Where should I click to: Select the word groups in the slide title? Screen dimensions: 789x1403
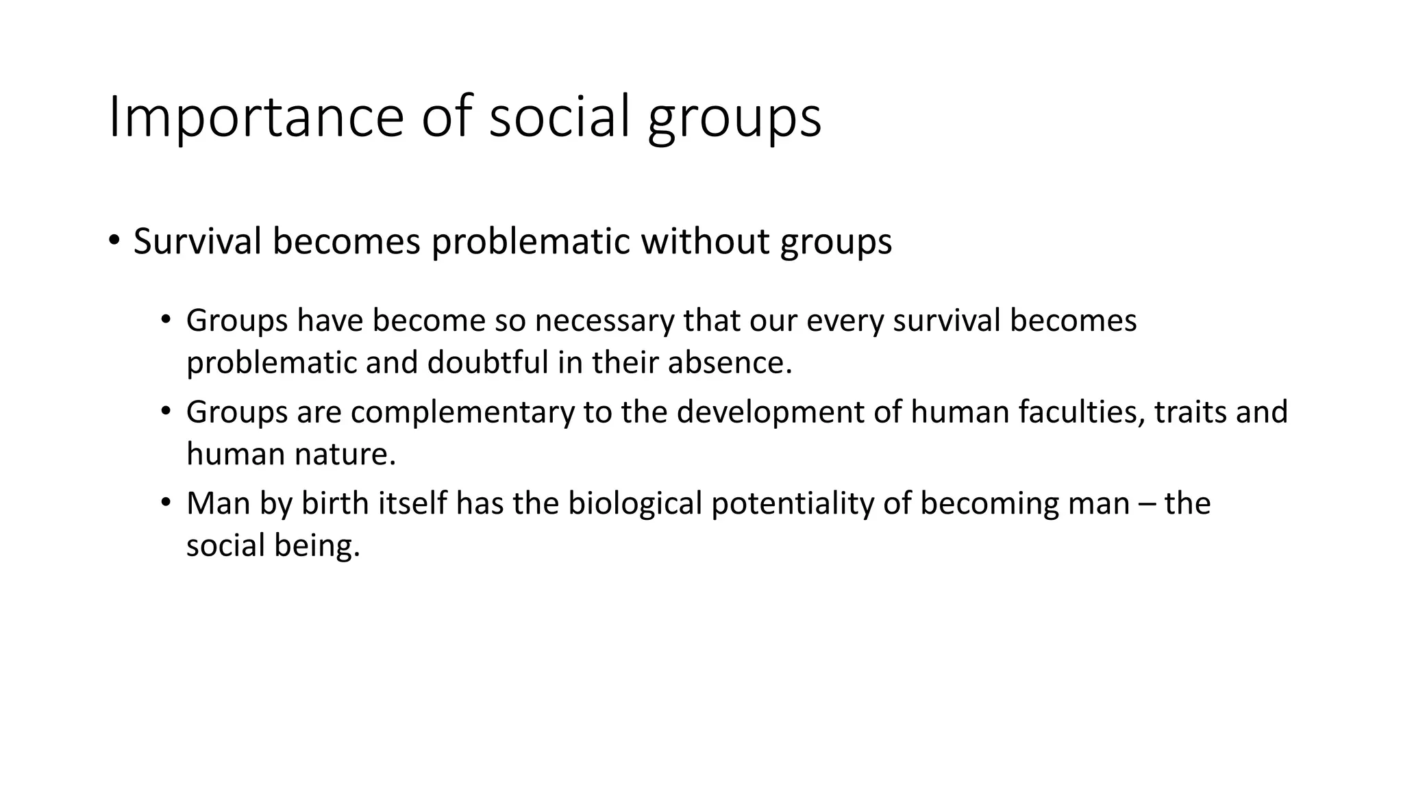(x=734, y=121)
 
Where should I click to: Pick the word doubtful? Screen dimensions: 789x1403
(x=488, y=362)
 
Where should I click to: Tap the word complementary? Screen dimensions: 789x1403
(x=462, y=412)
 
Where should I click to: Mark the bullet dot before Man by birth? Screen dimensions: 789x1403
(x=165, y=503)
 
